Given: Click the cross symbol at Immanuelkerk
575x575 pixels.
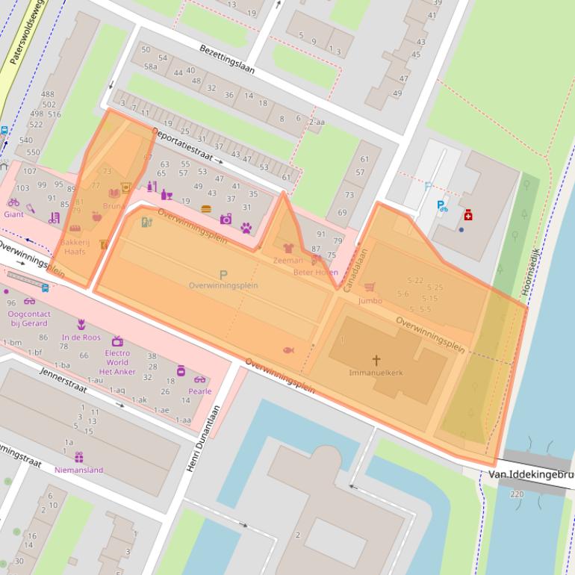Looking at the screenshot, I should coord(376,360).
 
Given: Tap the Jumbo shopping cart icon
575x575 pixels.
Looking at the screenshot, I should coord(369,287).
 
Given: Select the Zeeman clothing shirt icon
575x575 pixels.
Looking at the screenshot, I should coord(288,248).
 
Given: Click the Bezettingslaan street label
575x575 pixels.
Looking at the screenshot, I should coord(227,59).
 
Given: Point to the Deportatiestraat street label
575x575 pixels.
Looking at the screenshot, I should coord(183,145).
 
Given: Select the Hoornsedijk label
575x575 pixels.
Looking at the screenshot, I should coord(533,263).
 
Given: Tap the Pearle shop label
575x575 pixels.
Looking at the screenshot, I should coord(199,391).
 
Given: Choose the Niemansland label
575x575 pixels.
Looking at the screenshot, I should coord(78,470).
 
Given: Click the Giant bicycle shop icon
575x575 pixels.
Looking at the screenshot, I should coord(13,202).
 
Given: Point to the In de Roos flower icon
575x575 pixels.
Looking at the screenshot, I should coord(81,325).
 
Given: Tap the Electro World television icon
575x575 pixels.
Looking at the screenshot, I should coord(116,341).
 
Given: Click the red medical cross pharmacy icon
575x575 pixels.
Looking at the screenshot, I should coord(468,215).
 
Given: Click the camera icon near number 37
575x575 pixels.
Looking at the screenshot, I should coord(226,219).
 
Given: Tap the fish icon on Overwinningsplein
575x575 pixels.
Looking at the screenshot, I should coord(288,349).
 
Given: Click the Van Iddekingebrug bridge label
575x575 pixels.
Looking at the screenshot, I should coord(531,474).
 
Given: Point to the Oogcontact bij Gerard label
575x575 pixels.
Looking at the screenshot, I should coord(28,319).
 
